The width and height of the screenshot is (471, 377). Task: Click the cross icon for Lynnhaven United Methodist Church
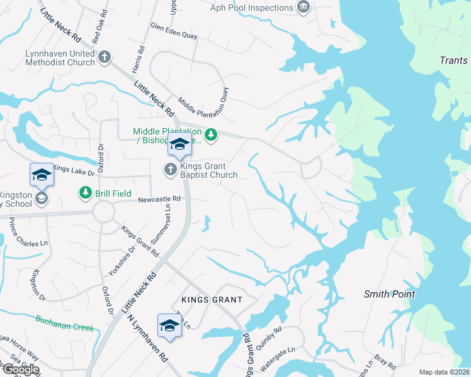pos(105,58)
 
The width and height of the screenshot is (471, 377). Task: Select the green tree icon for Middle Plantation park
pos(212,133)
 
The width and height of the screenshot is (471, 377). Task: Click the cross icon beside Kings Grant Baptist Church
pos(170,169)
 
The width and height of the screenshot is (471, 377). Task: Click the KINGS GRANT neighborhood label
pos(212,300)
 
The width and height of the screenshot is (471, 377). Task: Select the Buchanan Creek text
pos(64,324)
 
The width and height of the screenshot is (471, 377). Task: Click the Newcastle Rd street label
pos(159,199)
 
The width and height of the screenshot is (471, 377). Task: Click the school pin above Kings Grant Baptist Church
pos(179,144)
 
